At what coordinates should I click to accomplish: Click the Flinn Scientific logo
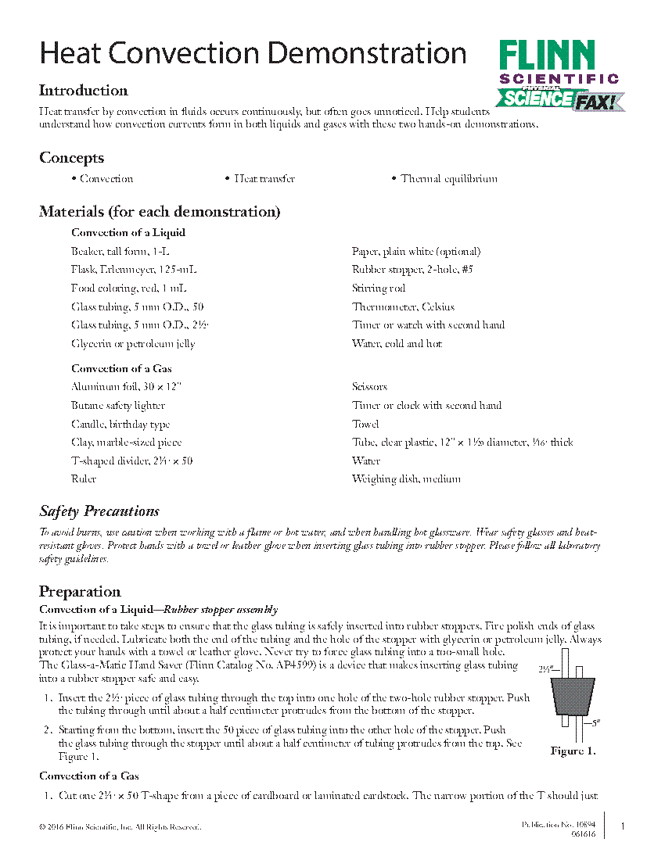tap(559, 75)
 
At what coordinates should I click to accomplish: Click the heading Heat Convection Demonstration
tap(253, 54)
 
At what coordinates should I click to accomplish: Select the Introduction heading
tap(84, 91)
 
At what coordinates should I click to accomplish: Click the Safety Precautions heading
tap(99, 511)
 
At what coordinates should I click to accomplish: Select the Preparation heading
tap(80, 592)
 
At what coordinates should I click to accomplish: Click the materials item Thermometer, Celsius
tap(403, 307)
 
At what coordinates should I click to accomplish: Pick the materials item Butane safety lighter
tap(118, 406)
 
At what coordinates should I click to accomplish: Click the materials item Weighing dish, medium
tap(406, 479)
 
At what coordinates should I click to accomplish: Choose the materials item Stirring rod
tap(379, 288)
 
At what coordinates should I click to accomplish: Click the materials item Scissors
tap(369, 387)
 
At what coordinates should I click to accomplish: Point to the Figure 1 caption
tap(573, 751)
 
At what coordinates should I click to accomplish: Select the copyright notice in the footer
tap(120, 826)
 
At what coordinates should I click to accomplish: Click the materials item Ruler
tap(84, 479)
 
